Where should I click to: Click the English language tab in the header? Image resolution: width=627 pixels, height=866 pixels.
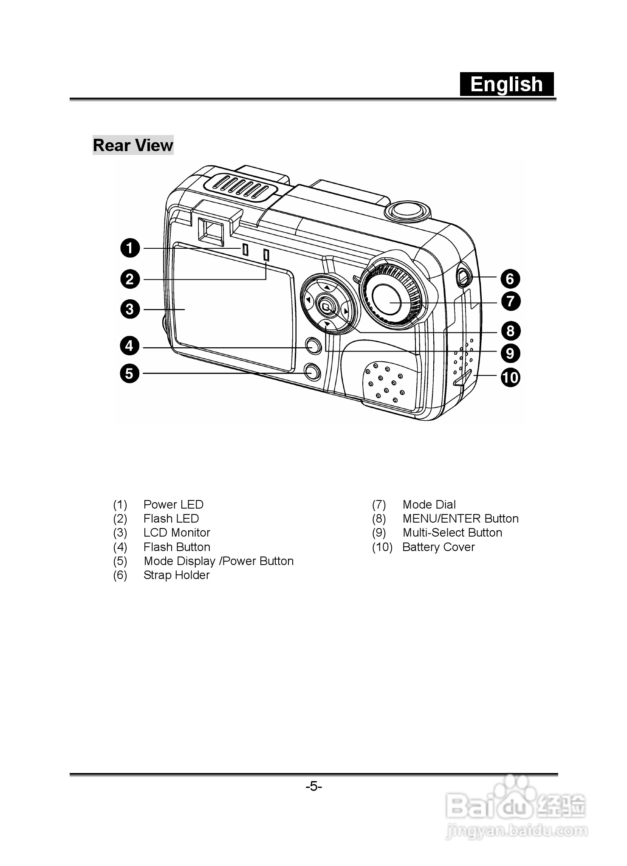coord(507,84)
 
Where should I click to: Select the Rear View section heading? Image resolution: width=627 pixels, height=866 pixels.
coord(133,145)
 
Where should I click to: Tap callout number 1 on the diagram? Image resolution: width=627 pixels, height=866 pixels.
coord(130,248)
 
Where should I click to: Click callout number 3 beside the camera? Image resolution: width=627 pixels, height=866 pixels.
coord(130,309)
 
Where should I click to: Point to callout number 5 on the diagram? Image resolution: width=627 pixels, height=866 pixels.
coord(130,374)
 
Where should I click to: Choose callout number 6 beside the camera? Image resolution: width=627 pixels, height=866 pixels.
coord(510,278)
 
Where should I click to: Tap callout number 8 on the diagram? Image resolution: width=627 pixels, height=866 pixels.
coord(510,331)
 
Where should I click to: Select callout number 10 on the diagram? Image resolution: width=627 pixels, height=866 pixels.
coord(510,377)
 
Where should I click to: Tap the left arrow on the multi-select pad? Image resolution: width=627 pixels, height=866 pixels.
coord(308,301)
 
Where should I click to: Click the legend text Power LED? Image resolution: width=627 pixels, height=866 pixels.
coord(173,504)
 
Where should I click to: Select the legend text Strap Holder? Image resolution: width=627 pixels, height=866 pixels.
coord(177,575)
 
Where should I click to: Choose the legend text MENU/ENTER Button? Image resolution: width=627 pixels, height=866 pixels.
coord(460,518)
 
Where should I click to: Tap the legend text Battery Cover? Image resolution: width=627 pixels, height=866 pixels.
coord(438,547)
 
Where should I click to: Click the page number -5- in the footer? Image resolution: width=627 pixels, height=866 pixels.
coord(314,787)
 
